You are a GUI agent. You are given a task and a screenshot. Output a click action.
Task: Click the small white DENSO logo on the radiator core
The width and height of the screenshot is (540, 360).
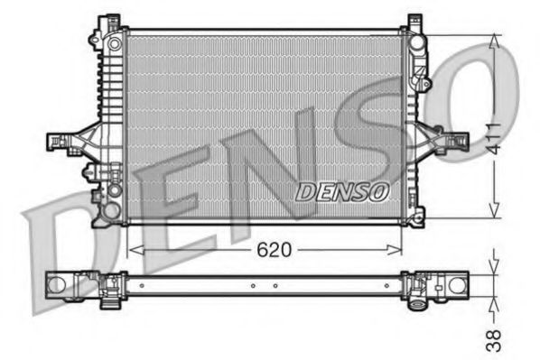(x=342, y=191)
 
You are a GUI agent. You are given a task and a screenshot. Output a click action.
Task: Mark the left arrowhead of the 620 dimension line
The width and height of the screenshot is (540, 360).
(x=134, y=249)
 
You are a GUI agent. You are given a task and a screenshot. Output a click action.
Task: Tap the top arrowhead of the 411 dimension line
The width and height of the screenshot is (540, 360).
(x=494, y=39)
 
